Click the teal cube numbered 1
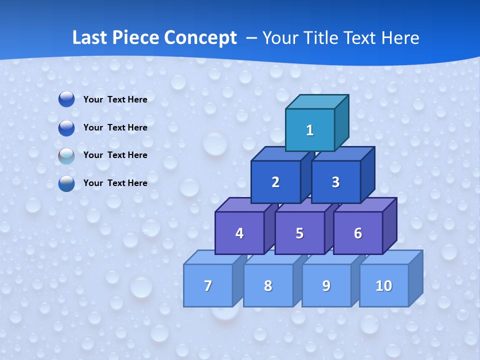(x=310, y=130)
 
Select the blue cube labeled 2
(x=275, y=182)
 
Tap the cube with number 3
(x=335, y=182)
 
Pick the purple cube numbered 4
(x=239, y=233)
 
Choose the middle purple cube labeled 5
(x=299, y=233)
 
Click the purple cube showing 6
(x=357, y=233)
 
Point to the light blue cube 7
(x=208, y=285)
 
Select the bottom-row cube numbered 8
(x=268, y=285)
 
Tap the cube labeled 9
(x=326, y=285)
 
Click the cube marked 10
(x=383, y=285)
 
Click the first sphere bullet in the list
(x=66, y=99)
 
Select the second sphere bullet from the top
(x=66, y=127)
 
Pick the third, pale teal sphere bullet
(x=66, y=155)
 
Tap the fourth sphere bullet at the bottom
(x=66, y=183)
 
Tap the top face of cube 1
(x=317, y=101)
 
